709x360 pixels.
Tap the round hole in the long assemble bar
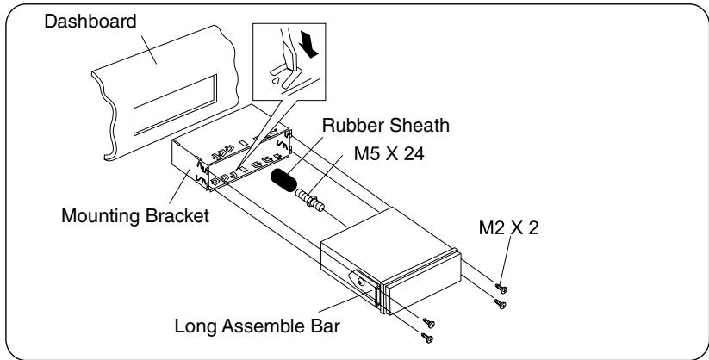(x=360, y=281)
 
